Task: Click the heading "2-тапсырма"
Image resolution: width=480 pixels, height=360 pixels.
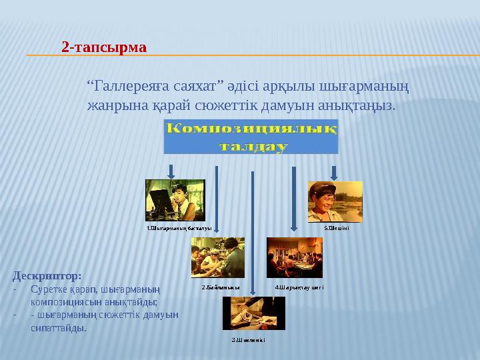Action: point(103,47)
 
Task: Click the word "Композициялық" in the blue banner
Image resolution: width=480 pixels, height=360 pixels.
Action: point(251,129)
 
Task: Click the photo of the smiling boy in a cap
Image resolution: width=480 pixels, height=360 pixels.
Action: point(335,201)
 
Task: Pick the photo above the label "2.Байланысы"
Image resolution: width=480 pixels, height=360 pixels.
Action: point(217,257)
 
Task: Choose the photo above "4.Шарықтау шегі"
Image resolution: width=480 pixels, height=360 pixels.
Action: point(294,257)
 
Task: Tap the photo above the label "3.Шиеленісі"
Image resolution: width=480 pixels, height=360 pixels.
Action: point(253,313)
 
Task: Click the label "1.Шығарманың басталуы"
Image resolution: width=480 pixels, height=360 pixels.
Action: point(179,228)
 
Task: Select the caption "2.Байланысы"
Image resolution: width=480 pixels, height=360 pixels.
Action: point(221,287)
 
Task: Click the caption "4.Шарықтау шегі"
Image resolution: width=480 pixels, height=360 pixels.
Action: point(299,287)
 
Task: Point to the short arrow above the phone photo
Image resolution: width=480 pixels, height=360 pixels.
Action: point(171,172)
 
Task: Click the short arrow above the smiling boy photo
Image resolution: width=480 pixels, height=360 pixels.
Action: point(334,172)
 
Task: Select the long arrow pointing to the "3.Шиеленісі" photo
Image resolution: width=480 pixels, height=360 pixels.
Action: point(252,233)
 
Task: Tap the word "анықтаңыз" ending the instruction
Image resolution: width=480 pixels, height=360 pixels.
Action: point(360,105)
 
